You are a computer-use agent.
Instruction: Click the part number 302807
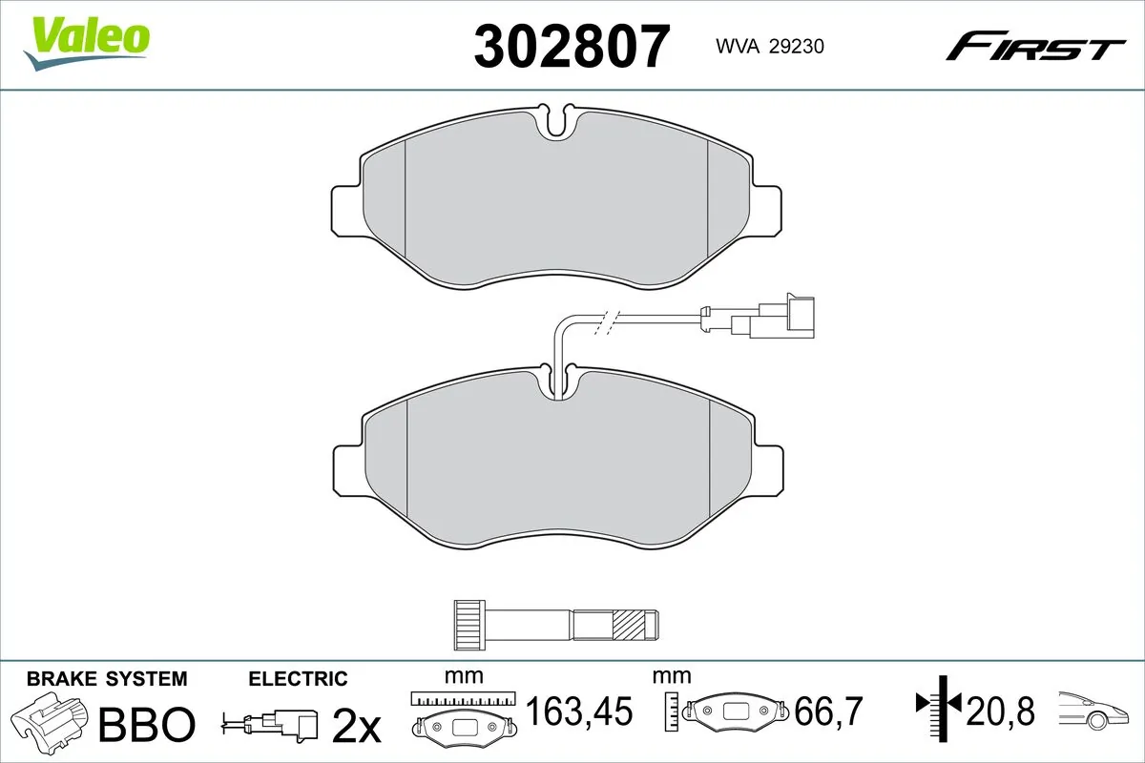click(572, 47)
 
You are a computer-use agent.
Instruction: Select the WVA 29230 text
click(757, 48)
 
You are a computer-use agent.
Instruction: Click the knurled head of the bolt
click(468, 625)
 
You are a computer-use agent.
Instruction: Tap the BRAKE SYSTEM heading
click(107, 679)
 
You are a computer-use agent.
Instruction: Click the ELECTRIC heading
click(298, 679)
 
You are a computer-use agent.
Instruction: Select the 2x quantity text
click(356, 727)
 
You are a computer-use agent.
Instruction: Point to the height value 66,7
click(830, 711)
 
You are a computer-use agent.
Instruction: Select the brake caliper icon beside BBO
click(48, 720)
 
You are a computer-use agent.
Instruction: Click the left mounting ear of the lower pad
click(348, 468)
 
